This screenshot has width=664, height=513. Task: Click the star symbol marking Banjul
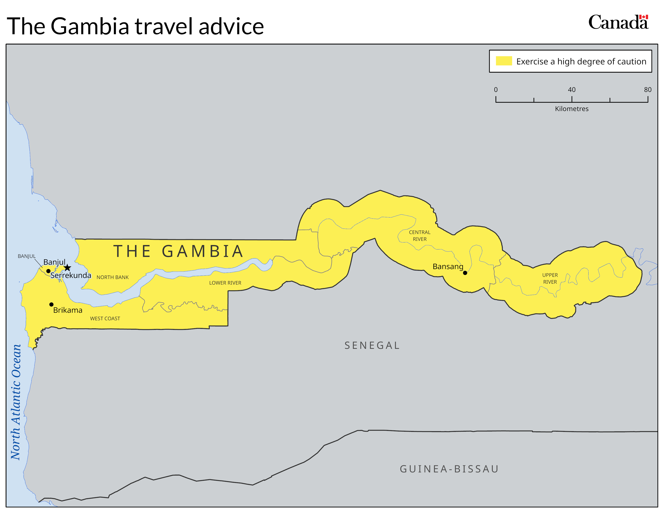(x=67, y=268)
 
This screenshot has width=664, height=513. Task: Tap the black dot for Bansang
(x=465, y=273)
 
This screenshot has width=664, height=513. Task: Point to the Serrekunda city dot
(x=48, y=271)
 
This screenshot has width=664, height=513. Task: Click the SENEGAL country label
(x=372, y=346)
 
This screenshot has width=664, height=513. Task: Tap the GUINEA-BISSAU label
(x=449, y=469)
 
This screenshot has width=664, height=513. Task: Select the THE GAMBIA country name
(x=178, y=251)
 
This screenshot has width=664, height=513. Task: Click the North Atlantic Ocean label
(x=16, y=402)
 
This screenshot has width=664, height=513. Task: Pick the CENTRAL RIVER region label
(x=420, y=236)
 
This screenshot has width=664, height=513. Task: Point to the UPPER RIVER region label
(x=550, y=278)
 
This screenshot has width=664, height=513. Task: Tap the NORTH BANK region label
(x=112, y=277)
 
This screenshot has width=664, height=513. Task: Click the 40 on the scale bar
(x=572, y=90)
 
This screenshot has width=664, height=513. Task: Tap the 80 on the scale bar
(x=648, y=90)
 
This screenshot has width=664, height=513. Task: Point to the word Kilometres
(x=572, y=109)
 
